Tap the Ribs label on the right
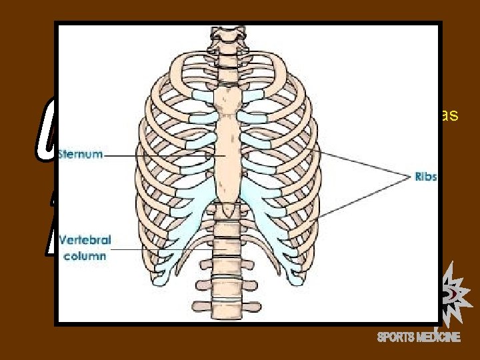[425, 177]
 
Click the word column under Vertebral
[85, 256]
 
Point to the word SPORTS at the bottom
[397, 337]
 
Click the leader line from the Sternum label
[160, 157]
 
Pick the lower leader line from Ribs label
[360, 197]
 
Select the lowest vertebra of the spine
[225, 312]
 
